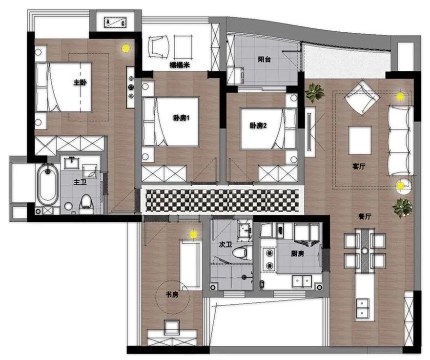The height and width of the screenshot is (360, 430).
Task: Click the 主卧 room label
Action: (x=80, y=83)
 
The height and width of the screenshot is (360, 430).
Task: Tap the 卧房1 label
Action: (x=181, y=118)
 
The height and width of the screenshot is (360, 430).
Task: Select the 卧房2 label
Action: (x=258, y=126)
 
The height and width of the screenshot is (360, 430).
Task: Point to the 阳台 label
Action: (x=265, y=59)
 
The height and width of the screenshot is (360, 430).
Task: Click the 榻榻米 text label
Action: (x=180, y=65)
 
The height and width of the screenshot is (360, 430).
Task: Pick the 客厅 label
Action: (x=358, y=166)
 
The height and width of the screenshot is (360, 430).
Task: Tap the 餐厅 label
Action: (x=365, y=216)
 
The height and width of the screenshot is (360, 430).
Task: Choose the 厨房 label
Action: (x=297, y=254)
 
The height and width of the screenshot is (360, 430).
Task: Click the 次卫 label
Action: (x=225, y=244)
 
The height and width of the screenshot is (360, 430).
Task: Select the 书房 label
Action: (x=172, y=295)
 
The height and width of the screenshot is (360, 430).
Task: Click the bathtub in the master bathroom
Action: (x=48, y=184)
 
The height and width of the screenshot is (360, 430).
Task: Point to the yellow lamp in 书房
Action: (x=193, y=234)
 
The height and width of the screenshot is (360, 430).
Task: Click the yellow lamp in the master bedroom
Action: (x=126, y=48)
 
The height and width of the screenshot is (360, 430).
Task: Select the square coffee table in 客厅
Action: (x=360, y=140)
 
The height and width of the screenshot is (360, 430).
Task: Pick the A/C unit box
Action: (x=115, y=22)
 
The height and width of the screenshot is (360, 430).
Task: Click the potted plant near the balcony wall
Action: (x=315, y=93)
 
